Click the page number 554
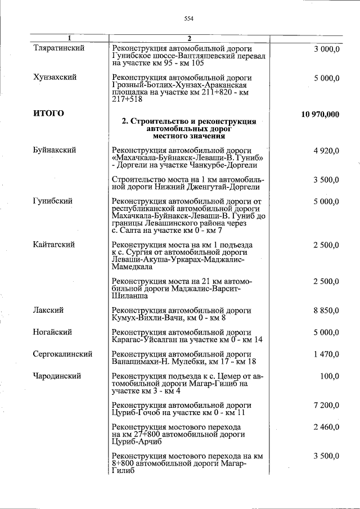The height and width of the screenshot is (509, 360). coord(188,19)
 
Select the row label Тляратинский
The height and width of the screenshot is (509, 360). coord(59,48)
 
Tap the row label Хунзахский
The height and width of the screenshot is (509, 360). coord(55,77)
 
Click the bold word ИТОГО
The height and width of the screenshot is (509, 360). coord(48,114)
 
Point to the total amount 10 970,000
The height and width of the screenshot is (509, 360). coord(320,114)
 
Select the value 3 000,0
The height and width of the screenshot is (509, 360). coord(327,49)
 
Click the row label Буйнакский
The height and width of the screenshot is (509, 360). coord(55,150)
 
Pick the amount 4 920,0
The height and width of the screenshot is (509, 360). coord(327,151)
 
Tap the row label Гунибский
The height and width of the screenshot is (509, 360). coord(52,201)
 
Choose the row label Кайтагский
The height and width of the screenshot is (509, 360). coord(55,245)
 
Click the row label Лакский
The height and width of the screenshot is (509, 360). coord(48,310)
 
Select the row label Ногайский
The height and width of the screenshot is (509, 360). coord(52,332)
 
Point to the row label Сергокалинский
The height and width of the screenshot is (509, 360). coord(62,354)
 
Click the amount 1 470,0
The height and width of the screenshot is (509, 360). coord(327,354)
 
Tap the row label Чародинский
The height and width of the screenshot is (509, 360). coord(57,376)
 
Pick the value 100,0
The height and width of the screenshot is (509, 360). coord(330,376)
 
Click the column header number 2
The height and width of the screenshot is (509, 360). coord(190,38)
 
